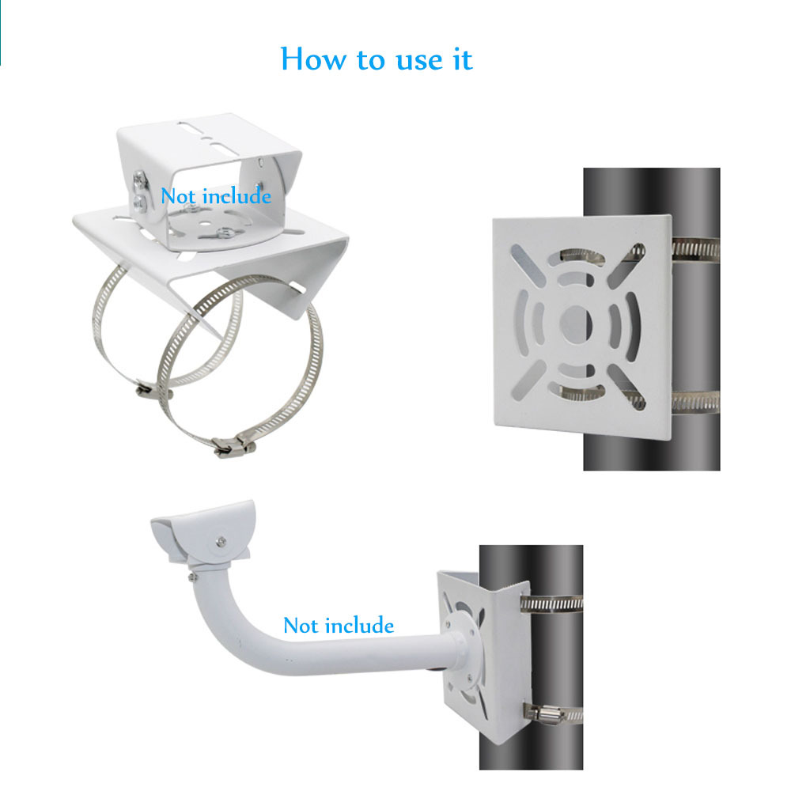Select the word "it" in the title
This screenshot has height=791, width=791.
[x=462, y=59]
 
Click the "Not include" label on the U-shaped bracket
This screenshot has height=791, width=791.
[x=216, y=195]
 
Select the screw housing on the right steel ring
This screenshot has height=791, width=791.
[x=232, y=447]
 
